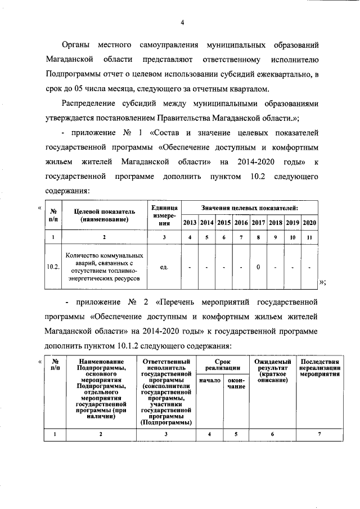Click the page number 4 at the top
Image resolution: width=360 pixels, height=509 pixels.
click(x=182, y=22)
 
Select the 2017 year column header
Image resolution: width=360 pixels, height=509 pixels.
click(x=258, y=223)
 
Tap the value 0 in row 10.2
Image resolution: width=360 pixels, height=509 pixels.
click(x=258, y=267)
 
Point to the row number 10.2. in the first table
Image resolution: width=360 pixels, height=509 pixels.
click(x=53, y=267)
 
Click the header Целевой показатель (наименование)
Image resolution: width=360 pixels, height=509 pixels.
click(x=104, y=214)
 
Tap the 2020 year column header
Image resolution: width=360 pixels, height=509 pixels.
click(x=309, y=223)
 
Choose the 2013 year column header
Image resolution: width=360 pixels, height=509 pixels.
click(x=190, y=223)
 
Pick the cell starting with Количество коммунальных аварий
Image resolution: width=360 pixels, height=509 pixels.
click(x=104, y=267)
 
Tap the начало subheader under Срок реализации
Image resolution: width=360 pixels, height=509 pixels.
click(x=210, y=381)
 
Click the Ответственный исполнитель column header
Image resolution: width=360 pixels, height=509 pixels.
click(x=166, y=391)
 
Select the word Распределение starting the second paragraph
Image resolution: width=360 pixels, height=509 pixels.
click(x=87, y=104)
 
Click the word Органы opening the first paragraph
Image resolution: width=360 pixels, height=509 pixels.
click(x=76, y=44)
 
